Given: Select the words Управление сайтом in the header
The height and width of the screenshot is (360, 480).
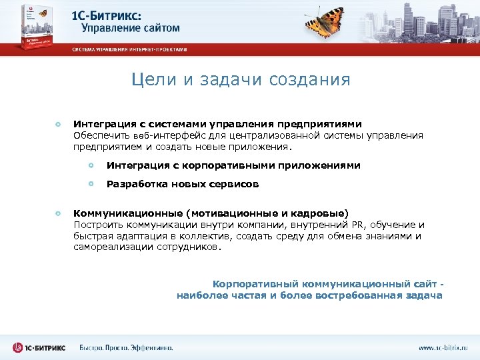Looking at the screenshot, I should point(131,28).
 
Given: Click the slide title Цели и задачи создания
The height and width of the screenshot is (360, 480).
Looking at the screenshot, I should point(240,80).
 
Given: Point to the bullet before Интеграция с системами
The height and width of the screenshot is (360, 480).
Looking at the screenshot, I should point(58,124).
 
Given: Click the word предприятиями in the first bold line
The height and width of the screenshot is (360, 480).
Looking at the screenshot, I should point(323,124).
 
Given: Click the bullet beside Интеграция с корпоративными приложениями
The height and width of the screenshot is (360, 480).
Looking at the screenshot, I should point(91,165).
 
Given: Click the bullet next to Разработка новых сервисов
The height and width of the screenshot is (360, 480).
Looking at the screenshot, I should point(91,184).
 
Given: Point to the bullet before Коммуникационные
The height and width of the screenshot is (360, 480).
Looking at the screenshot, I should point(58,213).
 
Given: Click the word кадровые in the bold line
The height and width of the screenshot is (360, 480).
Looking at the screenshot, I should point(321,213).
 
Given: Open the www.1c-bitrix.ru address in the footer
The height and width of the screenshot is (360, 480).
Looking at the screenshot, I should point(443,347).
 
